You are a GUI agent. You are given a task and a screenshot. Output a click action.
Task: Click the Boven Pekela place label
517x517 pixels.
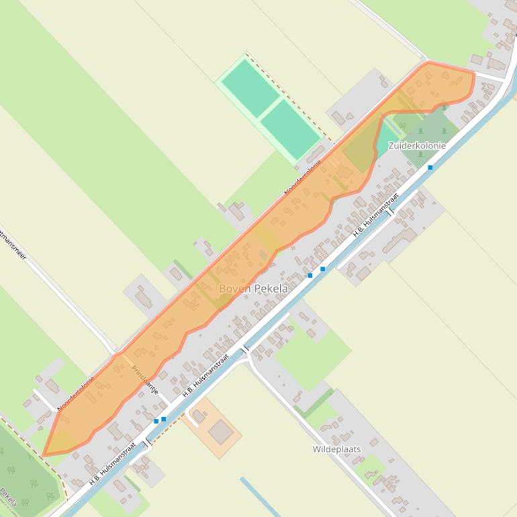tap(253, 289)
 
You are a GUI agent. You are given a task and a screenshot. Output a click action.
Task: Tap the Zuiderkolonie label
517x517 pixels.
tap(417, 146)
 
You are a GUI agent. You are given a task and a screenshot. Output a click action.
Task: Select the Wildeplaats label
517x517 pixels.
tap(336, 449)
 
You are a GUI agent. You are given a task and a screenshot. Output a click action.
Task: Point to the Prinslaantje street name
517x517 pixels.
tap(145, 379)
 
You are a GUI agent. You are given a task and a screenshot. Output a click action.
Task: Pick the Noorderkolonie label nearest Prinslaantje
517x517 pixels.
tap(76, 393)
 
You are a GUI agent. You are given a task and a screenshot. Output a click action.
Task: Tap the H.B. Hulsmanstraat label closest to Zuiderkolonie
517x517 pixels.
tap(376, 216)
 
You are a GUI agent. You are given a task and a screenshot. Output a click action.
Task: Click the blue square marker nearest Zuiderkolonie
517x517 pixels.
tap(430, 167)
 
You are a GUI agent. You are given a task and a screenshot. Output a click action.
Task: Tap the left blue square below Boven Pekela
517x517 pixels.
tap(310, 275)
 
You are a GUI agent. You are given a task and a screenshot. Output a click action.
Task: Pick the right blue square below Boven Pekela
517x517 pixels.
tap(323, 269)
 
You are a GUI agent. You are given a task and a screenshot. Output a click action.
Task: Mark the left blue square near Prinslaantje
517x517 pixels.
tap(156, 421)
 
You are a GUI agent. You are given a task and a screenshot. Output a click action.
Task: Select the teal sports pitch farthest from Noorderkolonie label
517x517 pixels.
tap(250, 87)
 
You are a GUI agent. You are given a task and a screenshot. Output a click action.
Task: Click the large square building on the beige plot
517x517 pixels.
tap(220, 432)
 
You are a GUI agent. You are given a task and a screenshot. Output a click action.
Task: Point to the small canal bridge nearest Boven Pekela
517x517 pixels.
tap(245, 350)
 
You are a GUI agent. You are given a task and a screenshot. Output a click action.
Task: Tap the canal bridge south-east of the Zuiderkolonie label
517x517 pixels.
tap(390, 211)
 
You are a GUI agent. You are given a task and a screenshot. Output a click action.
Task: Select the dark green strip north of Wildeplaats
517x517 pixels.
tap(314, 404)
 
